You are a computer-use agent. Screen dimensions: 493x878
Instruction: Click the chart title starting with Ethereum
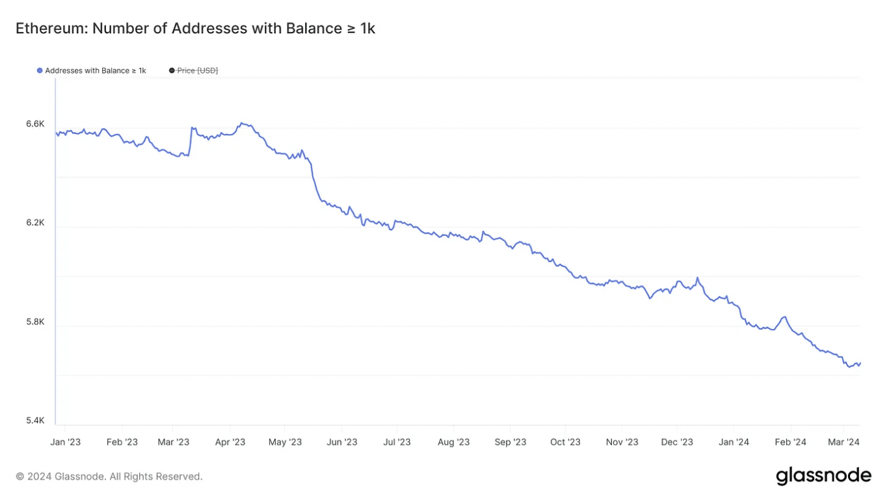tap(195, 29)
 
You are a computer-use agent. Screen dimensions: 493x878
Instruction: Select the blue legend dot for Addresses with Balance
tap(40, 70)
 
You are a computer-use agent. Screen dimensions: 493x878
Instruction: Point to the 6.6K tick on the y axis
tap(35, 124)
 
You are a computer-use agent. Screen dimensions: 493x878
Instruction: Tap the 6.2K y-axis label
tap(35, 222)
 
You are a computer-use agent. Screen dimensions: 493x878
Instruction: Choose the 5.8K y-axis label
tap(35, 321)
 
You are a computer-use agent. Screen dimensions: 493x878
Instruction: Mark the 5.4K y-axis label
tap(35, 420)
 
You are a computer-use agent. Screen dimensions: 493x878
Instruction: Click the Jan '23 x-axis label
tap(66, 442)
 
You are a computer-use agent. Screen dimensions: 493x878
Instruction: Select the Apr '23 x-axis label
tap(230, 442)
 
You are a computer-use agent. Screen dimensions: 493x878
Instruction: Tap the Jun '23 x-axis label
tap(341, 442)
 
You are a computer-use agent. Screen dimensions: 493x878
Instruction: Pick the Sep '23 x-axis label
tap(511, 442)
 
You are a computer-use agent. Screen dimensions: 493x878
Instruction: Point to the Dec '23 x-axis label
tap(677, 442)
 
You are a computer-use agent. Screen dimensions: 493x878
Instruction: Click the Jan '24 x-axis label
tap(734, 442)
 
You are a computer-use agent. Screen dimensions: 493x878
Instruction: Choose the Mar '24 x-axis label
tap(844, 442)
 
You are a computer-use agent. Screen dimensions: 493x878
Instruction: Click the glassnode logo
tap(823, 475)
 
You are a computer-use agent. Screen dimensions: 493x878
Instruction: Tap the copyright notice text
tap(109, 477)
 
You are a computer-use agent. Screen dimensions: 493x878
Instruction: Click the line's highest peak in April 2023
tap(241, 122)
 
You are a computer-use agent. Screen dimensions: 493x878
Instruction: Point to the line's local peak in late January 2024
tap(786, 317)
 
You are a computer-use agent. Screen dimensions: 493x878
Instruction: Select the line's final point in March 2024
tap(860, 363)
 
